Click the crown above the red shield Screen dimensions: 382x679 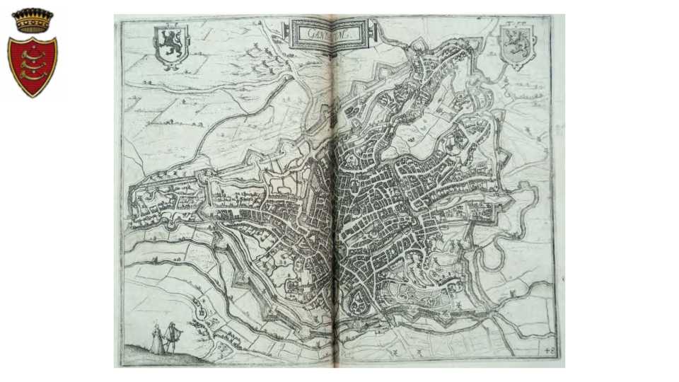[33, 20]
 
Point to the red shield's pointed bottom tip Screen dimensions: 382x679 [32, 95]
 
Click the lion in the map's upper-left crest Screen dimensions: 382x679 [170, 44]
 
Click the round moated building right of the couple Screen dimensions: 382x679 [202, 311]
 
